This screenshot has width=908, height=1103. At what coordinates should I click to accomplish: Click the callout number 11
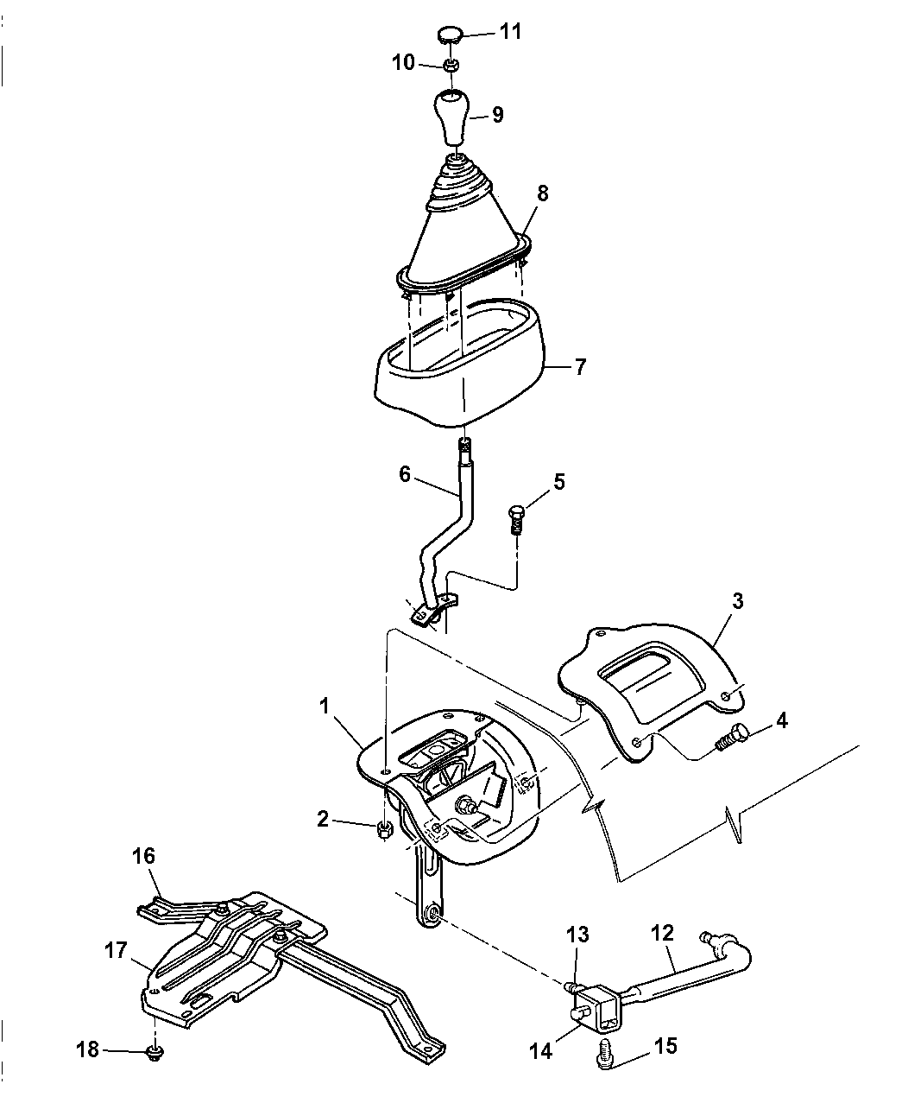510,32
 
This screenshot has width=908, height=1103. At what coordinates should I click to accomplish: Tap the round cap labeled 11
449,36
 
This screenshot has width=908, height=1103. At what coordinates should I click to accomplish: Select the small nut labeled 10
451,66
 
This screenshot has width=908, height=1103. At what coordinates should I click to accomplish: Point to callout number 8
543,193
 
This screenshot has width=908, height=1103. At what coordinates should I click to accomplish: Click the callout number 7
580,366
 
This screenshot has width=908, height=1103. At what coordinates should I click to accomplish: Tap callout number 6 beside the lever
405,474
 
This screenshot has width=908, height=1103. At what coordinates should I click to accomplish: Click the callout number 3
737,600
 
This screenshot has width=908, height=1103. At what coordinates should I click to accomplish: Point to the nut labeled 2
384,832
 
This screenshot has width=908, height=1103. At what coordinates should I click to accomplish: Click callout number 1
324,706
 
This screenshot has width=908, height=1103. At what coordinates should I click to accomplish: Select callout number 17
116,951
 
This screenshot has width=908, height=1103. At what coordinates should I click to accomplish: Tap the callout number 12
663,934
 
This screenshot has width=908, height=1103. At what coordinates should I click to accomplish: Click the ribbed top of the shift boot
458,185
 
